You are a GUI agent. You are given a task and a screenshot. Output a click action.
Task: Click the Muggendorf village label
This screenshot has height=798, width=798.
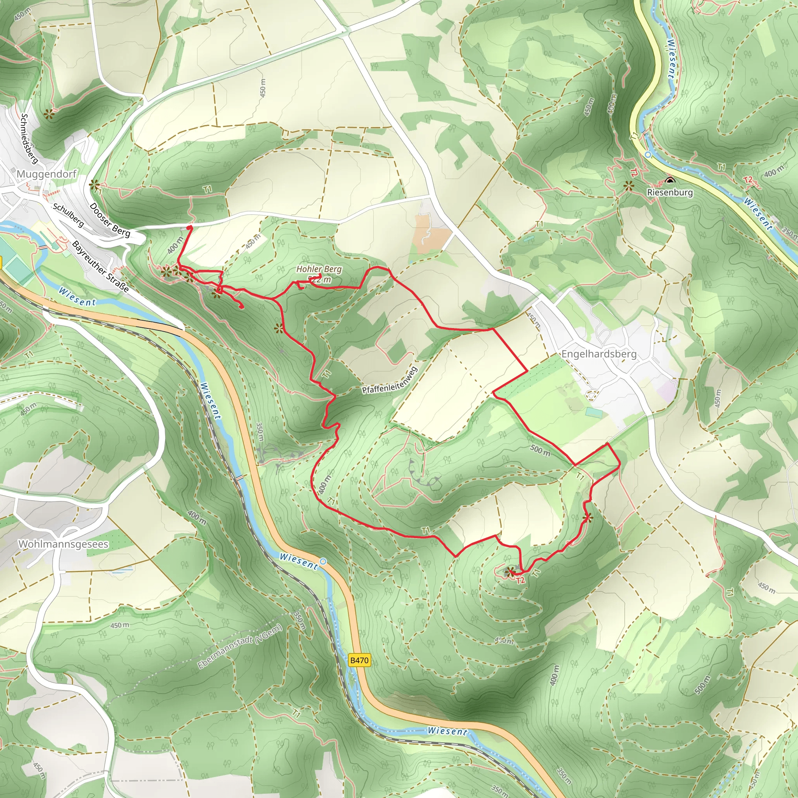coord(46,174)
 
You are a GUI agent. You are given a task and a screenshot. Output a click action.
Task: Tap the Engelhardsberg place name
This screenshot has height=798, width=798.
coord(598,354)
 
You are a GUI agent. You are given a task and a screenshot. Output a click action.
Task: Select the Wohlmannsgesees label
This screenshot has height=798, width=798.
coord(63,544)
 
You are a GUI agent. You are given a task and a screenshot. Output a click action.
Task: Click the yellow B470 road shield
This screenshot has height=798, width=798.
coord(359,660)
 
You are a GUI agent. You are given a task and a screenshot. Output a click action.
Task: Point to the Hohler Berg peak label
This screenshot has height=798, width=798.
coord(319,269)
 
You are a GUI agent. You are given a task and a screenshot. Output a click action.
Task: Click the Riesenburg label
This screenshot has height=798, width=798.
coord(669,192)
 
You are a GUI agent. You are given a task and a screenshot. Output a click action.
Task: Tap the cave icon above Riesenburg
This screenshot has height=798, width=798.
coord(670,180)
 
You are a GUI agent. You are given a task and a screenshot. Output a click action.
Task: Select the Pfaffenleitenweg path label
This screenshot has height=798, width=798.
coord(390,380)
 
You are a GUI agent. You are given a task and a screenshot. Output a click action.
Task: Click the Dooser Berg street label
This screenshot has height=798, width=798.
coord(109,220)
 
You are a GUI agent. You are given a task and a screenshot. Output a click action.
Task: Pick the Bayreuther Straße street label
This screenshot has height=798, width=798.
coord(100,267)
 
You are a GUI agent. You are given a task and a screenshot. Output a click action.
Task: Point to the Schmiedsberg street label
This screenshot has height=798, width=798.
coord(29,138)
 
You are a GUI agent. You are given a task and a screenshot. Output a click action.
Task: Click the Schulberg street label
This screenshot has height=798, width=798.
coord(68,215)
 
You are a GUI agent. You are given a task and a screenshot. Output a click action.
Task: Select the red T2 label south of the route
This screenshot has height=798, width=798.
coord(520,580)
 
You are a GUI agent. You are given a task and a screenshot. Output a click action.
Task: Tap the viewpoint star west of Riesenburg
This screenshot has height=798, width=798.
coord(628,186)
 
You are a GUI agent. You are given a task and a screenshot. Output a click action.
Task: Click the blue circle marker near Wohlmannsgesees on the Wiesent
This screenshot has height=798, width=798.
coord(323,561)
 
